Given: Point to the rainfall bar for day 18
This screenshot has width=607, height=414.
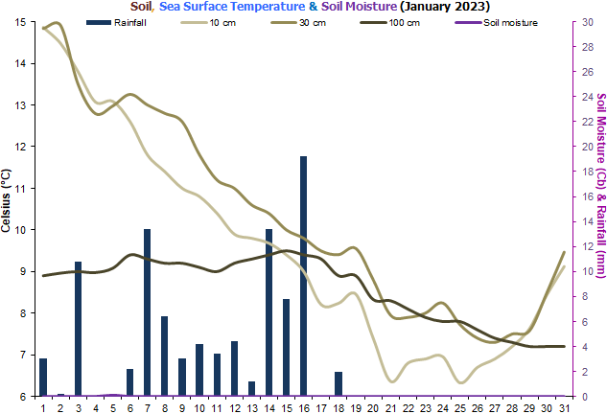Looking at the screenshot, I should pos(338,383).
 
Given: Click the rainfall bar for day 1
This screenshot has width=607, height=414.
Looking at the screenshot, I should pos(43,377).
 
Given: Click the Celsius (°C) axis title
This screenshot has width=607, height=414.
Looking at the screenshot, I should pos(8,201).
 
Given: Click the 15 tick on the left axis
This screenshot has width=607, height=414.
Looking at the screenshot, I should pos(21,23).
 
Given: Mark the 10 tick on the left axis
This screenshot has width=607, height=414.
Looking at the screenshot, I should pos(21,230).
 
